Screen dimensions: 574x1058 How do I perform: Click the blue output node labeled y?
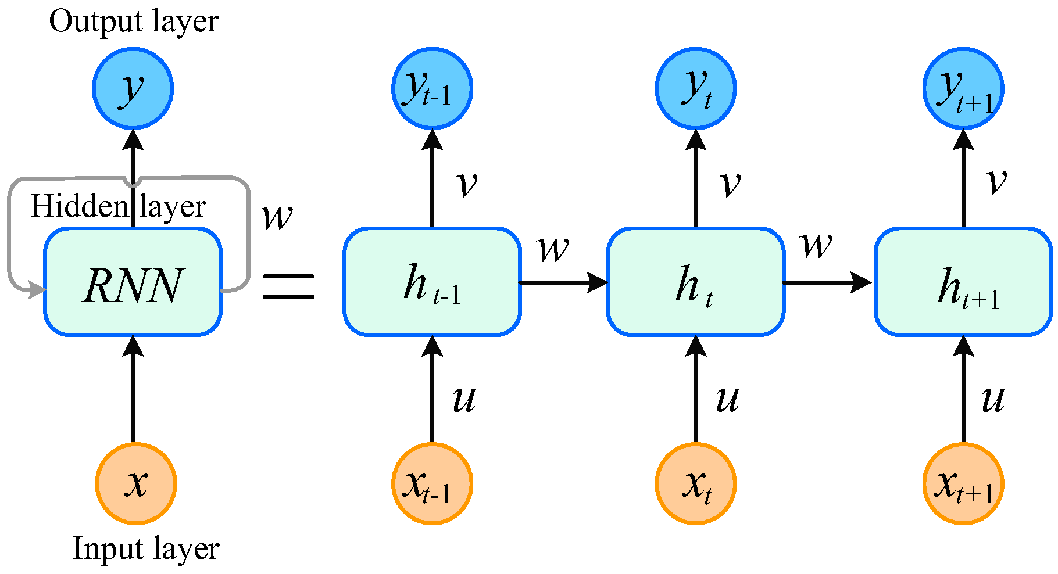point(133,88)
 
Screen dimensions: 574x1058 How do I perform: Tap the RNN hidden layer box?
point(133,282)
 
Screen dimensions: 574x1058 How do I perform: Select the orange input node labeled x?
point(136,483)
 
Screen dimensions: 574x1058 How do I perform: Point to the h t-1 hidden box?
point(431,282)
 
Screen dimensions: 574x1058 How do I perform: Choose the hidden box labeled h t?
point(696,282)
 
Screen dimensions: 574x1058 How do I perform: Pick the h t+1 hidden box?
point(963,282)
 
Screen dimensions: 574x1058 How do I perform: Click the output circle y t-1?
point(432,88)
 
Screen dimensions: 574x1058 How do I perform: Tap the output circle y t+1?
point(963,88)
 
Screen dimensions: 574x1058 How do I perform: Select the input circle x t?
point(696,483)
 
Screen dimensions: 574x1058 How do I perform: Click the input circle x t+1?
point(963,483)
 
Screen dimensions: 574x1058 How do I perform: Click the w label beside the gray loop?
point(277,217)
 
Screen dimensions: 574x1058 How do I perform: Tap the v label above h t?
point(730,184)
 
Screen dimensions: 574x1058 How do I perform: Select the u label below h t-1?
point(464,399)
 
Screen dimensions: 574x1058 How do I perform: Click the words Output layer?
point(134,21)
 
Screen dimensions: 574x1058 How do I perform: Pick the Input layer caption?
point(146,548)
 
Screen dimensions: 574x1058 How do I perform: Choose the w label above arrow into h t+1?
point(817,245)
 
